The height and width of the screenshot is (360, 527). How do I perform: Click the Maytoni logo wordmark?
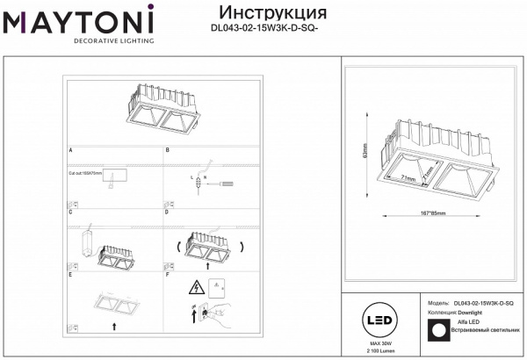78,20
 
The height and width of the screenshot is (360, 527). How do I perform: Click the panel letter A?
70,151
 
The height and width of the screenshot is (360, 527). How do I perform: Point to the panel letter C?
70,212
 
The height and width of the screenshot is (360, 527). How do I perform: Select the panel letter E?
70,275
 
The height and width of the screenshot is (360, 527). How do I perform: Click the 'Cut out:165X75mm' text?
85,175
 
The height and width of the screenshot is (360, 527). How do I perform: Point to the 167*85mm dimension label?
428,212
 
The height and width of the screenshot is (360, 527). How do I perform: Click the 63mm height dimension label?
364,153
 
